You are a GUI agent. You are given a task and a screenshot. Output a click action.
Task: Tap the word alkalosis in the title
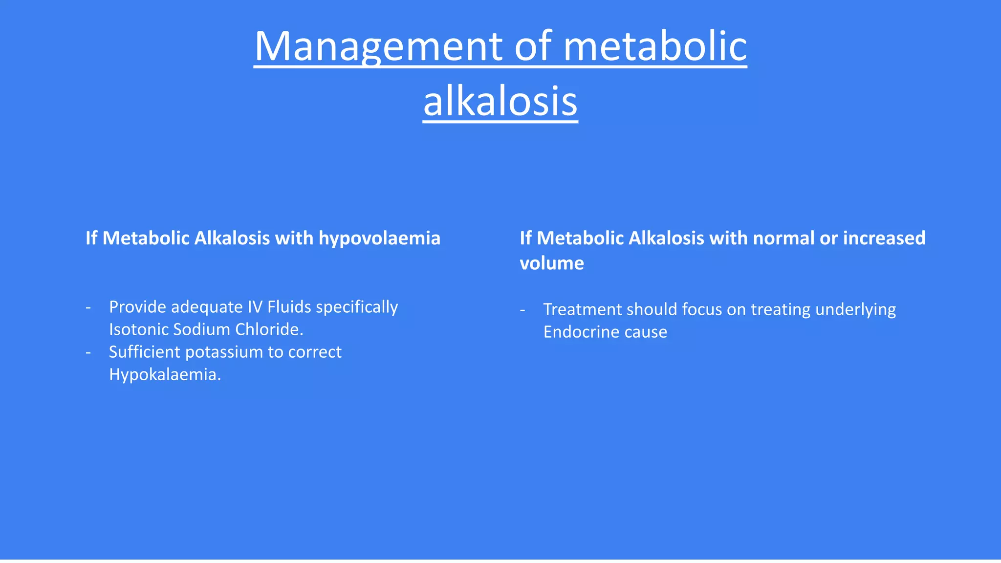tap(500, 101)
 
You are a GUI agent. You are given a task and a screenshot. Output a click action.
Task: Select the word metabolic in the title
tap(655, 46)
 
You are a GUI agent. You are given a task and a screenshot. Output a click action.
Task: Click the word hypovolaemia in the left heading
tap(379, 238)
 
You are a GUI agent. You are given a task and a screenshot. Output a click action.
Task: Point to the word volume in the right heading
tap(551, 263)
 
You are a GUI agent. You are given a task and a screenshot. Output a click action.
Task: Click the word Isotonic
tap(138, 329)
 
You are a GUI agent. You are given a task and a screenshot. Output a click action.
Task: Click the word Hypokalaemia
tap(165, 374)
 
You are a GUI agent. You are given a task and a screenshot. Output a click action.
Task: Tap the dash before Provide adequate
tap(88, 307)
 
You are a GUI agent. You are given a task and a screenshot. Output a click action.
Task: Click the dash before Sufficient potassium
tap(88, 352)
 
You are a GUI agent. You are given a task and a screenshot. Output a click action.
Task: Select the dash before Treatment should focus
tap(522, 310)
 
